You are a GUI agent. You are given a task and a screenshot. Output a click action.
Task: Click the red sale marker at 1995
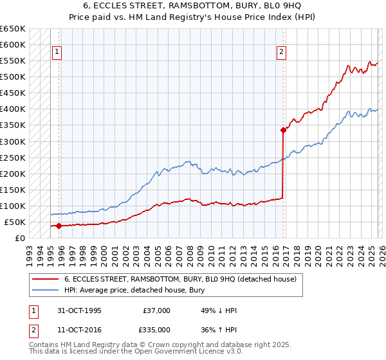(x=59, y=226)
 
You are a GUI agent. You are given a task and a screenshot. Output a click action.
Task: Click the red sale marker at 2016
(x=283, y=130)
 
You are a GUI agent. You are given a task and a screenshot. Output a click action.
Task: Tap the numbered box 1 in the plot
(x=57, y=53)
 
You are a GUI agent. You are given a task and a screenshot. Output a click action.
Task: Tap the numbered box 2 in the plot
(x=282, y=53)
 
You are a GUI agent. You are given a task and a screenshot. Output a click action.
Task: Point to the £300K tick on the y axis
(x=13, y=141)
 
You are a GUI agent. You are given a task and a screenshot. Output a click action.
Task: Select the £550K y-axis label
(x=13, y=61)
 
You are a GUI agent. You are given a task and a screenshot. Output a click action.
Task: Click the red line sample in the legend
(x=46, y=279)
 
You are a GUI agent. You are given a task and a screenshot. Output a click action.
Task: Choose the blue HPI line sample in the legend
(x=46, y=290)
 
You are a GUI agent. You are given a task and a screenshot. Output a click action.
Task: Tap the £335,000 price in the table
(x=156, y=330)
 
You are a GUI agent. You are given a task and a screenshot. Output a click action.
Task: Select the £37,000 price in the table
(x=156, y=310)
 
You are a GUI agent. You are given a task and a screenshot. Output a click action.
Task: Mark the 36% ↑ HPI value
(x=219, y=330)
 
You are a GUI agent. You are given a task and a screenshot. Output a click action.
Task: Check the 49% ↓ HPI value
(x=219, y=310)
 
